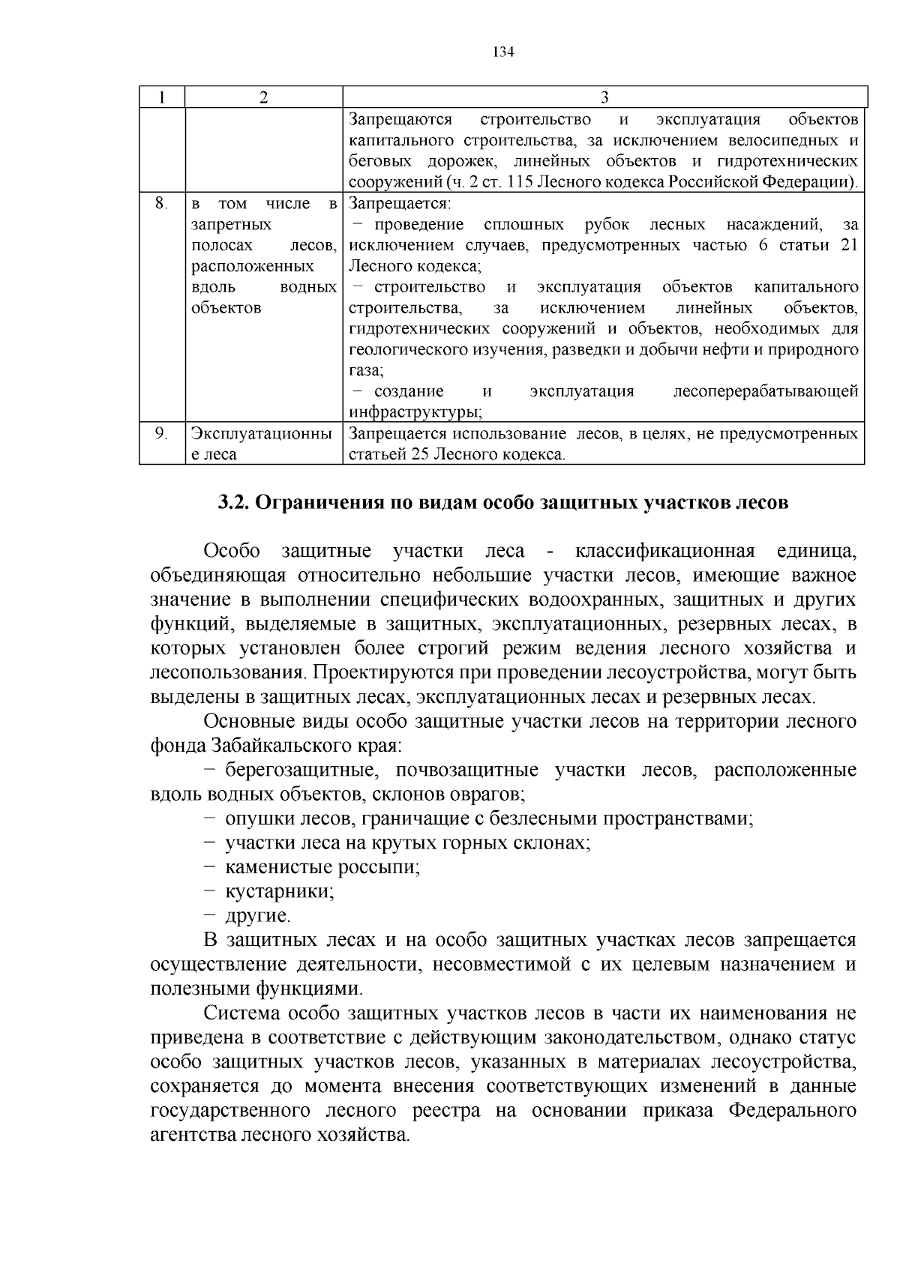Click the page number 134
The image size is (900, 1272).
point(502,52)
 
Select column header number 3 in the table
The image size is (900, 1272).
point(604,97)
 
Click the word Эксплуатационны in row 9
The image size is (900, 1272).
point(262,433)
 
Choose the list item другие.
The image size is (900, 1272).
point(257,916)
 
